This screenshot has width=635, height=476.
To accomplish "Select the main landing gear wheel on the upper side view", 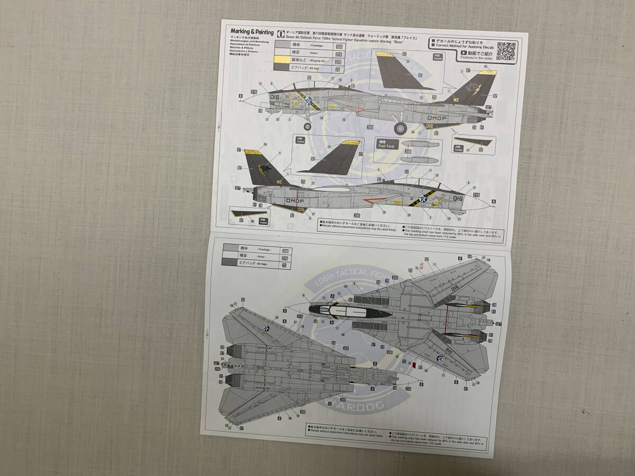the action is tap(401, 127).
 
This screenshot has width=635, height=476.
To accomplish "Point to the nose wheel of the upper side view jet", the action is tap(307, 126).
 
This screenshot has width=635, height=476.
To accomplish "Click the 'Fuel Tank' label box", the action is tap(386, 142).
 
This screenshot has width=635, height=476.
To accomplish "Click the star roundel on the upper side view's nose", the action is tap(309, 100).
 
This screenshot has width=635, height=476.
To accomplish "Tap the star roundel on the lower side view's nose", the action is tap(423, 198).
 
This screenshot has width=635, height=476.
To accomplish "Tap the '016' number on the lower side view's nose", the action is tap(457, 198).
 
